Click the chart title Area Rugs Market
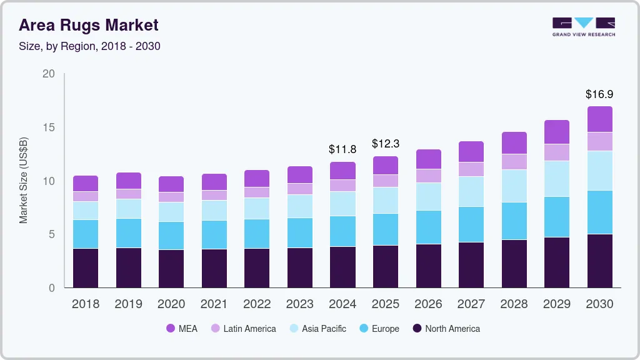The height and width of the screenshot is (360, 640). [88, 26]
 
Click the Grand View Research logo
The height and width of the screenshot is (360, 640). [584, 26]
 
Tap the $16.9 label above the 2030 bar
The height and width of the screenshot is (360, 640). [599, 94]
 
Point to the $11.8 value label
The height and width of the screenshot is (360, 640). [342, 149]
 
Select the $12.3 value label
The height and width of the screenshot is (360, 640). [385, 144]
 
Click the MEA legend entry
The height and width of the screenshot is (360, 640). [182, 328]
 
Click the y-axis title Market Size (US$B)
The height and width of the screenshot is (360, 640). [24, 181]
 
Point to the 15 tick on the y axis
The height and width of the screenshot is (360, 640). [49, 127]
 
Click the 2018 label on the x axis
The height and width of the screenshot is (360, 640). [86, 304]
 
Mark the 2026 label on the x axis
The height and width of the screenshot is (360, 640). [428, 304]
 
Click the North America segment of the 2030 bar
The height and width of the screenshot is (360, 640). [599, 261]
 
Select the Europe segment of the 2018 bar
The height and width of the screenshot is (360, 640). [86, 234]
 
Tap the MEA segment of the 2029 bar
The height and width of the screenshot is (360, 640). [556, 132]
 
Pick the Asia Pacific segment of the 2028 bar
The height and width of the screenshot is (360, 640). [514, 186]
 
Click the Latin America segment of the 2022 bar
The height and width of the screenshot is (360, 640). [257, 192]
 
